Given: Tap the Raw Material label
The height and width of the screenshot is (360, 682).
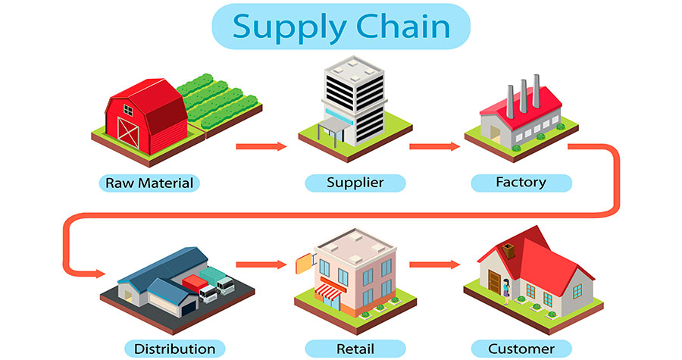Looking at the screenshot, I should click(149, 183).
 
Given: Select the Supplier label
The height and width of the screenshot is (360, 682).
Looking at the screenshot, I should click(355, 183).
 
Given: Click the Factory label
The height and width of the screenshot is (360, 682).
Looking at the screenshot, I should click(521, 183).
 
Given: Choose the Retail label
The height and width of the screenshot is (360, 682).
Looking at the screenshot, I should click(355, 349).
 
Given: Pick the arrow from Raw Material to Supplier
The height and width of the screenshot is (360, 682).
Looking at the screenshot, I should click(261, 146).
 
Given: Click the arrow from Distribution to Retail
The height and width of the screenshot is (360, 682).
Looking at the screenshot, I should click(261, 265).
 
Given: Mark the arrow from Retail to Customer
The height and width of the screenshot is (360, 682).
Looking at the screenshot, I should click(434, 265).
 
